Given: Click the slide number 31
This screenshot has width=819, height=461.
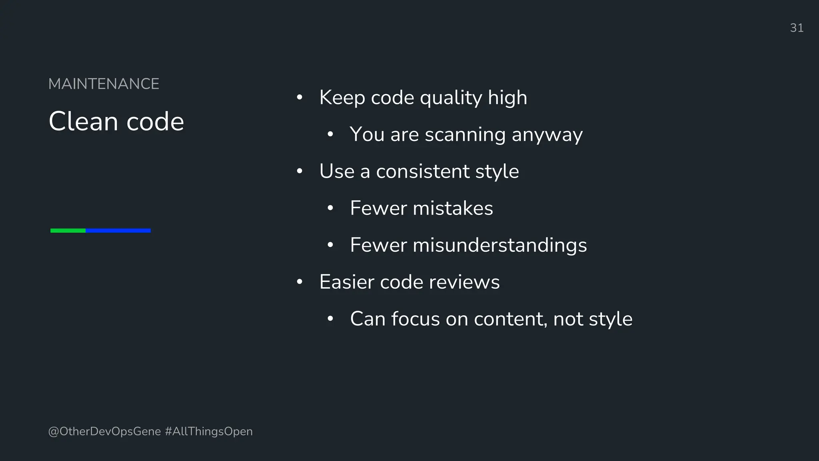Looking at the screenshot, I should tap(797, 28).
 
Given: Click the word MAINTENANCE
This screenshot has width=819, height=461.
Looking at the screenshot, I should tap(104, 84).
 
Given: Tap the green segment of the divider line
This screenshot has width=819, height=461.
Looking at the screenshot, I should tap(68, 230).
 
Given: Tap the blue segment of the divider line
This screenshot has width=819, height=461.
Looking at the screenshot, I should tap(118, 230).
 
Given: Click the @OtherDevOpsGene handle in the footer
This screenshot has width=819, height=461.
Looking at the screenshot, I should tap(104, 431).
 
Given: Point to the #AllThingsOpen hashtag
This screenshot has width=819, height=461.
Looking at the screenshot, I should tap(209, 431).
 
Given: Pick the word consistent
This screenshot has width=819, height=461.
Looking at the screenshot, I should tap(422, 171).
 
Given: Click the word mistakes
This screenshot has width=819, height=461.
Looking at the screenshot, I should tap(453, 208).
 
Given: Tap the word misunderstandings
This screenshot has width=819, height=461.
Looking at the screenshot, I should tap(499, 245).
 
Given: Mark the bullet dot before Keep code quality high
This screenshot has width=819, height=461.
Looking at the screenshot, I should tap(300, 98).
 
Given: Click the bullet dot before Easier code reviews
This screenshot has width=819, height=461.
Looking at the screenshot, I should tap(300, 282).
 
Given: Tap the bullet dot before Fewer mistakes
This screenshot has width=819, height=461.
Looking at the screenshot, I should tap(330, 208).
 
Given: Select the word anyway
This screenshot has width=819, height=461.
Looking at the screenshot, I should tap(547, 135).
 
